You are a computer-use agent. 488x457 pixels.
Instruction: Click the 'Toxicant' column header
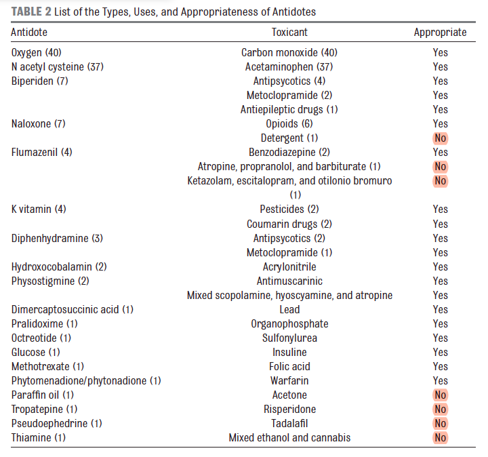click(x=289, y=32)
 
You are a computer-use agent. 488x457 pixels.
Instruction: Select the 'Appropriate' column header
click(x=440, y=33)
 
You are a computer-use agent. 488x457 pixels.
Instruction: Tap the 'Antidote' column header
click(x=29, y=32)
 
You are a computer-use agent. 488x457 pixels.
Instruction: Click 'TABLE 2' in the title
click(x=31, y=12)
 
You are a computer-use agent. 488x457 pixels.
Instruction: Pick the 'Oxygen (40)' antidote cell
click(x=37, y=53)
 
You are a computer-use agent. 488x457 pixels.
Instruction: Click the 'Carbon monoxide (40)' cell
click(x=289, y=53)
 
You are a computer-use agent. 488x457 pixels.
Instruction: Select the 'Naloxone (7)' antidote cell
click(x=39, y=124)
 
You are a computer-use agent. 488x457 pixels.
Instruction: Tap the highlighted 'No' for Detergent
click(x=441, y=138)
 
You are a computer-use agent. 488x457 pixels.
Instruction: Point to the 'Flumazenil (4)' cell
click(x=42, y=153)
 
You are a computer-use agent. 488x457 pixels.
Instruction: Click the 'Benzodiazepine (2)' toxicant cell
click(x=289, y=153)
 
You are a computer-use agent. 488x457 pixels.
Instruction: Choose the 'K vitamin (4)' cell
click(x=39, y=210)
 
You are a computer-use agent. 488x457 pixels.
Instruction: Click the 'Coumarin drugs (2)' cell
click(x=289, y=224)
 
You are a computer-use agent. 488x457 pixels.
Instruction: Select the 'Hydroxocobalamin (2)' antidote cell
click(x=59, y=266)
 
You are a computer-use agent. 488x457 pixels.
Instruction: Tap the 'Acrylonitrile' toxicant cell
click(x=289, y=266)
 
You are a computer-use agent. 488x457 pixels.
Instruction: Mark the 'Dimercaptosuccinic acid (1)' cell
click(x=73, y=309)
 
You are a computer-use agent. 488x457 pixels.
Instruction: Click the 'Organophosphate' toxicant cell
click(x=289, y=324)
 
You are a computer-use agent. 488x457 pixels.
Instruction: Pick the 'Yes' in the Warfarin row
click(x=441, y=381)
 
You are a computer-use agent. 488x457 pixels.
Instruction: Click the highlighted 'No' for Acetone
click(x=441, y=395)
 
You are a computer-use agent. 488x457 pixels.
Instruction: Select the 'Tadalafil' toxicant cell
click(x=289, y=424)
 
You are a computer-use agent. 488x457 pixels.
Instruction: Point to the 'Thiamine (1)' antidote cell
click(x=39, y=438)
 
